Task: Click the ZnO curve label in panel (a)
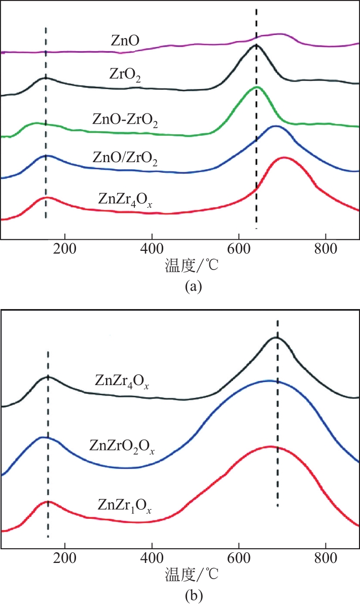124,40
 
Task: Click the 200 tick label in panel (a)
65,250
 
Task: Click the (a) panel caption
194,287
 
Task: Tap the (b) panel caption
194,595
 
